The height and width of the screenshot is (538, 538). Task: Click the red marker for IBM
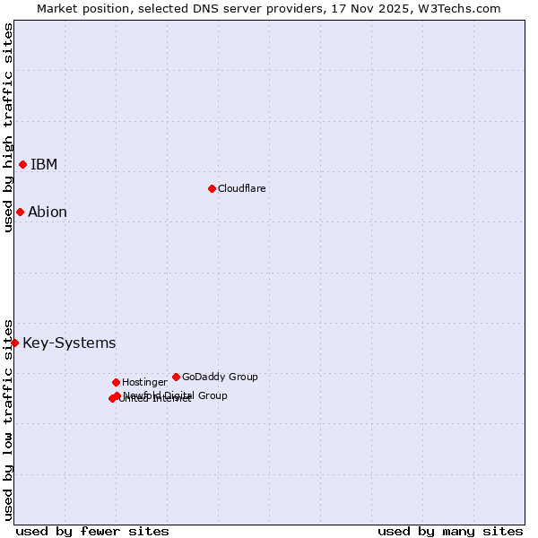[x=22, y=164]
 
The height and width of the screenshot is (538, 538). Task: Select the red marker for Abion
[x=20, y=212]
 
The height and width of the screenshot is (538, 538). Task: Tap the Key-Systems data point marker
[x=14, y=343]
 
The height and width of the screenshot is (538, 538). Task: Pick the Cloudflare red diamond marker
[x=212, y=188]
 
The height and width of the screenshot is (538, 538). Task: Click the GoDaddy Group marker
[x=176, y=377]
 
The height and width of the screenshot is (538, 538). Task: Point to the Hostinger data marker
[x=116, y=382]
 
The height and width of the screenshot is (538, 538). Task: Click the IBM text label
[x=44, y=164]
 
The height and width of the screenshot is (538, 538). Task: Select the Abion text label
[x=48, y=213]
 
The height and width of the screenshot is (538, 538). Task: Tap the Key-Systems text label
[x=69, y=343]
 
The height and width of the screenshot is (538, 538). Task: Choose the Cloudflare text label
[x=242, y=188]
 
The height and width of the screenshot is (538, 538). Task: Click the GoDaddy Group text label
[x=220, y=377]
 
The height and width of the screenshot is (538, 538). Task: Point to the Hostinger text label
[x=144, y=382]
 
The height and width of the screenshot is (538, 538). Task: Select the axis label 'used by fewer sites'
[x=92, y=531]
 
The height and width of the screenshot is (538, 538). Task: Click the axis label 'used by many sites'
[x=450, y=531]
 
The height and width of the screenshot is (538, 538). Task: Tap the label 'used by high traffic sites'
[x=8, y=127]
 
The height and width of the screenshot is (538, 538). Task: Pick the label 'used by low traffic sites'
[x=8, y=419]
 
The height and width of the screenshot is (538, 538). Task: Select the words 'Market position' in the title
[x=78, y=8]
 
